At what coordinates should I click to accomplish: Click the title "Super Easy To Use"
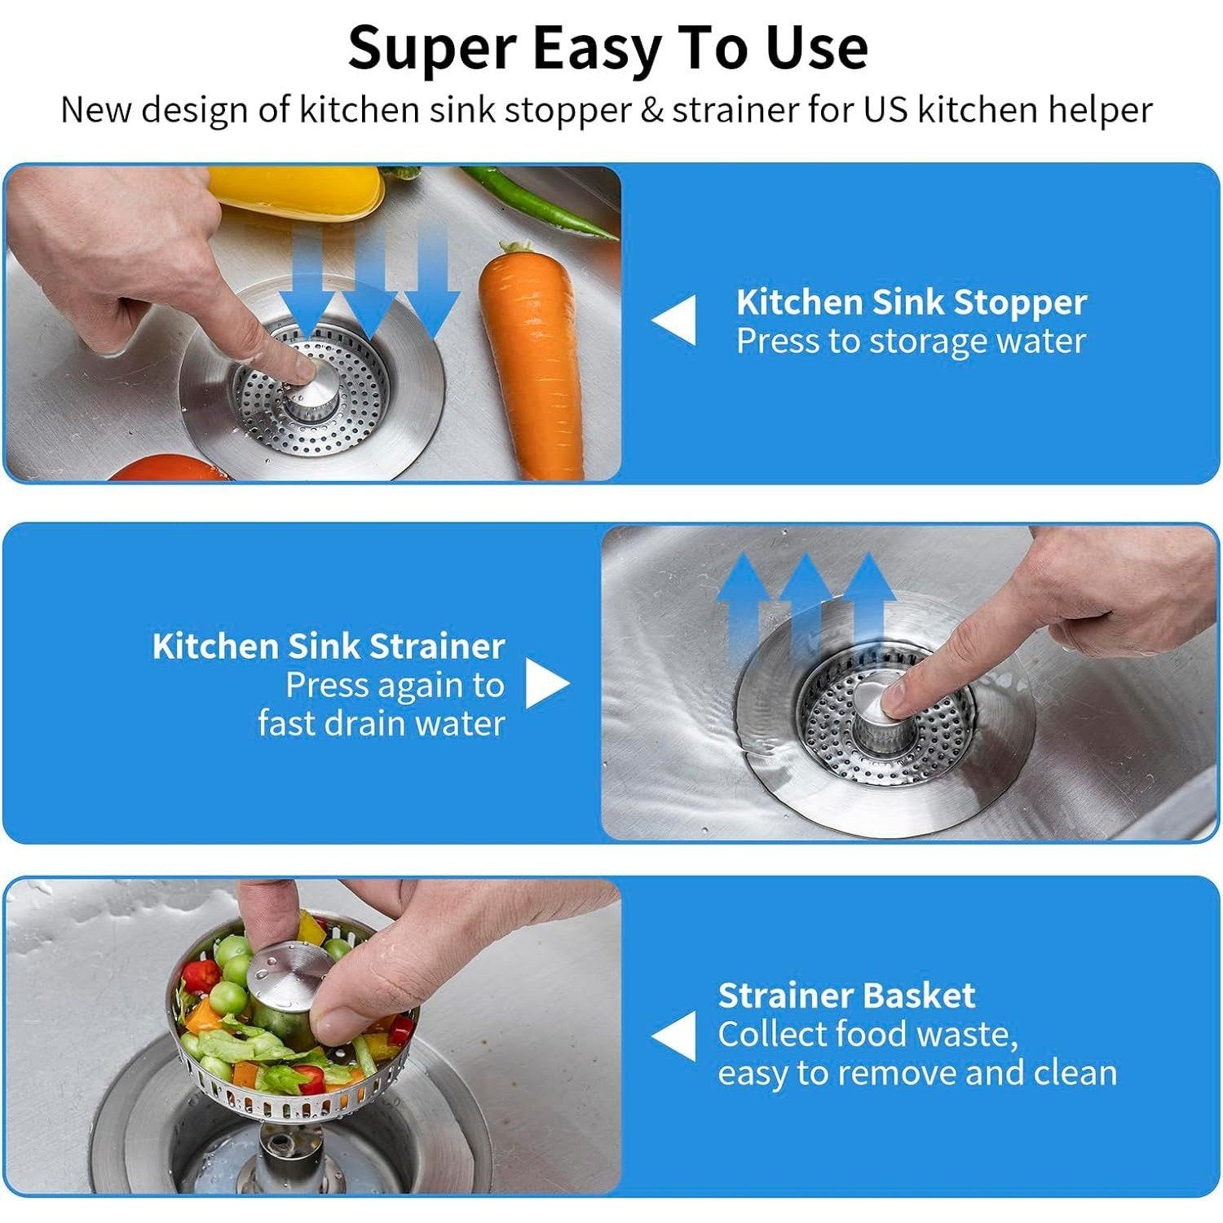click(607, 47)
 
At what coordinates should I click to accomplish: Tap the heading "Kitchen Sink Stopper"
click(911, 302)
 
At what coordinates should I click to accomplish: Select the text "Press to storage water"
click(911, 342)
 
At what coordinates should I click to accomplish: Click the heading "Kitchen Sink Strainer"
click(328, 647)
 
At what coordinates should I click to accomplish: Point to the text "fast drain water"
click(381, 723)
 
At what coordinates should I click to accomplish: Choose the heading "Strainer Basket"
click(846, 996)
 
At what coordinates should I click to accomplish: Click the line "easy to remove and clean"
click(916, 1073)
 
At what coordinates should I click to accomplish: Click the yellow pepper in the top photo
click(298, 192)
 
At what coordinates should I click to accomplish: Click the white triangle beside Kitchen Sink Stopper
click(676, 320)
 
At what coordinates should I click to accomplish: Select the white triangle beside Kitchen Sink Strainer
click(545, 683)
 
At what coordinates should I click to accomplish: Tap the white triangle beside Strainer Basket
click(676, 1035)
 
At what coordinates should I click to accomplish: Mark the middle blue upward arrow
click(806, 599)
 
